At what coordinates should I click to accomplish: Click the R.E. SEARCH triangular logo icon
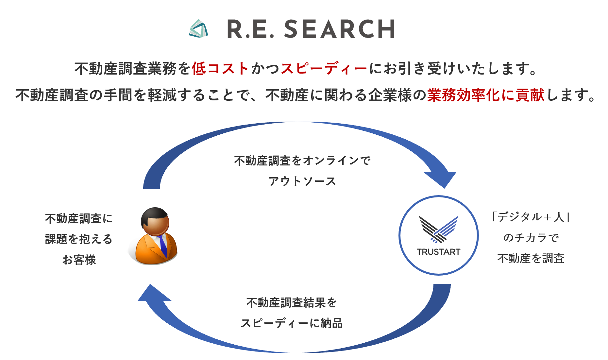pyautogui.click(x=198, y=29)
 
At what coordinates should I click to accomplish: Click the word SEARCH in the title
pyautogui.click(x=340, y=29)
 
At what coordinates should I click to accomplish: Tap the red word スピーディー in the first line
pyautogui.click(x=324, y=69)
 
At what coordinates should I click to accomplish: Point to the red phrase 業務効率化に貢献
pyautogui.click(x=486, y=95)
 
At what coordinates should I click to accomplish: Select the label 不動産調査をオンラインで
pyautogui.click(x=302, y=161)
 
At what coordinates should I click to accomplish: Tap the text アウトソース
pyautogui.click(x=302, y=181)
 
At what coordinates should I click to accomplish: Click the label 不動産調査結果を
pyautogui.click(x=292, y=302)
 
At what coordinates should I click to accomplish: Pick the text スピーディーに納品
pyautogui.click(x=292, y=323)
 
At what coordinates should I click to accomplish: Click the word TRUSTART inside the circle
pyautogui.click(x=438, y=252)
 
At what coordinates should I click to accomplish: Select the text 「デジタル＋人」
pyautogui.click(x=531, y=217)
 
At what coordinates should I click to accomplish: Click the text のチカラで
pyautogui.click(x=531, y=238)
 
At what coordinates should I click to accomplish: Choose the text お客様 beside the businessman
pyautogui.click(x=79, y=260)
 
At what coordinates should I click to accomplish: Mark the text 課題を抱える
pyautogui.click(x=79, y=239)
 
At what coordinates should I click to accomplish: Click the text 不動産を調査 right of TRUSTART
pyautogui.click(x=531, y=258)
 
